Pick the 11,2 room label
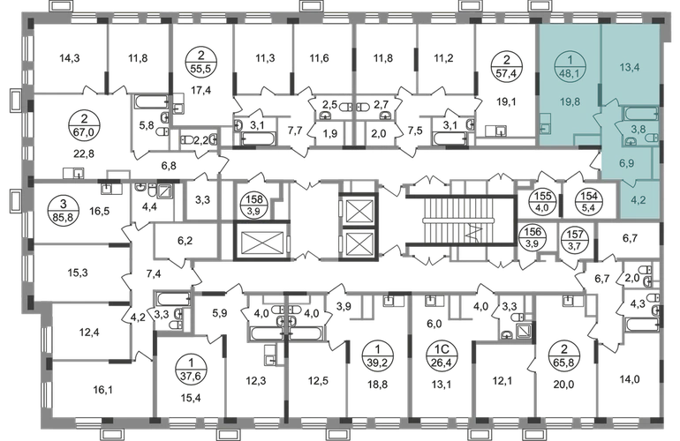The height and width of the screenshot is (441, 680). pos(446,60)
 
